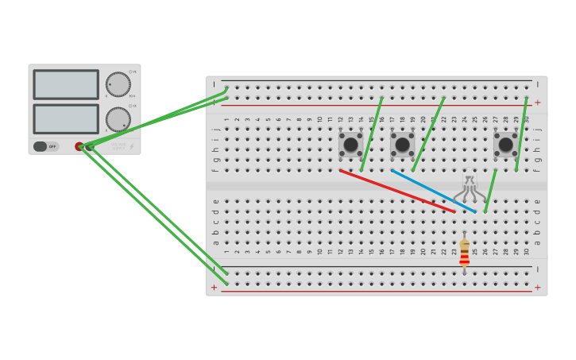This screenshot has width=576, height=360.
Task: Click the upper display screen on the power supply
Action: pos(66,84)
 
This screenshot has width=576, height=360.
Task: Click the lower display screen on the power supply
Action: pos(66,118)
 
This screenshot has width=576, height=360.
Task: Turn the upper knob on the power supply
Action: pos(118,84)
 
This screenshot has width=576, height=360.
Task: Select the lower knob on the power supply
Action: pos(118,119)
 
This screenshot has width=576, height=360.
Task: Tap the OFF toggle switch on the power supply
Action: pos(46,146)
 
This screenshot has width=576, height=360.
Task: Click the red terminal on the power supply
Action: pos(79,146)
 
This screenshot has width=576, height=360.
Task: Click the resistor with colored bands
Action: pos(464,253)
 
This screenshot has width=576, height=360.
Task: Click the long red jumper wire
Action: pos(397,191)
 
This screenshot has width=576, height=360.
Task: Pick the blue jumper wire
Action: pos(433,191)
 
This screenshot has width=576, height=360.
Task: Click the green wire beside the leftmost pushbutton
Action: pos(372,134)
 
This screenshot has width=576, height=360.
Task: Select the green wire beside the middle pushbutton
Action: pos(428,134)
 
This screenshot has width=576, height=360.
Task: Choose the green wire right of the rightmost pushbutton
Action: pos(521,134)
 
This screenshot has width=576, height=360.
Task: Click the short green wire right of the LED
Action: pos(490,191)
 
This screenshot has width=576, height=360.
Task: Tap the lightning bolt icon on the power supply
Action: pos(132,146)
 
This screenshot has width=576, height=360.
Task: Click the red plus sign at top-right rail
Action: pos(537,103)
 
